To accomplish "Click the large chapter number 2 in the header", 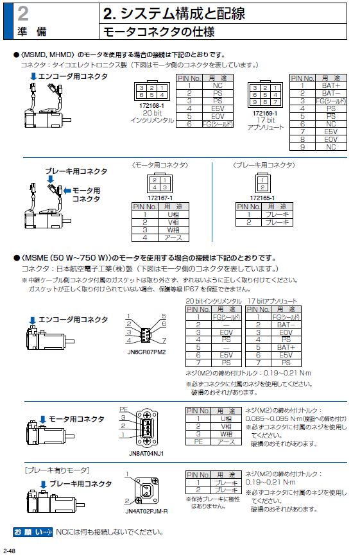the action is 23,13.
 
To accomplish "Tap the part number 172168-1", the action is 151,106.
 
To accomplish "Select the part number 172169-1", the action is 265,114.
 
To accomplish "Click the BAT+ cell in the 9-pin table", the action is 330,85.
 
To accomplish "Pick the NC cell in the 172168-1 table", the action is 218,85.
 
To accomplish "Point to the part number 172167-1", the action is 160,198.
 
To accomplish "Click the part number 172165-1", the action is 262,198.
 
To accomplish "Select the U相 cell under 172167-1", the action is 173,214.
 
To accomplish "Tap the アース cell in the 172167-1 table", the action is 173,237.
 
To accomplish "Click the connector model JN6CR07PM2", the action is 146,352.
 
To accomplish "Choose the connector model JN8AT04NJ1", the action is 146,454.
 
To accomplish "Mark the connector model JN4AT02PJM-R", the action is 146,512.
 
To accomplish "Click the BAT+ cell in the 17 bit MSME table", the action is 286,347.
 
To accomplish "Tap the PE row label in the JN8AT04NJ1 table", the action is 198,442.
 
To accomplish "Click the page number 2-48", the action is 9,551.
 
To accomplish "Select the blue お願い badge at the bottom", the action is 33,532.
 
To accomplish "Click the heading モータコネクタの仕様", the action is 159,32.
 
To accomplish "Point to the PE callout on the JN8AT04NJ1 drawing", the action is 124,409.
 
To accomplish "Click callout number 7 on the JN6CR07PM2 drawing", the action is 164,340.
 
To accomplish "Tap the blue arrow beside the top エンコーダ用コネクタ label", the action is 33,76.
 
